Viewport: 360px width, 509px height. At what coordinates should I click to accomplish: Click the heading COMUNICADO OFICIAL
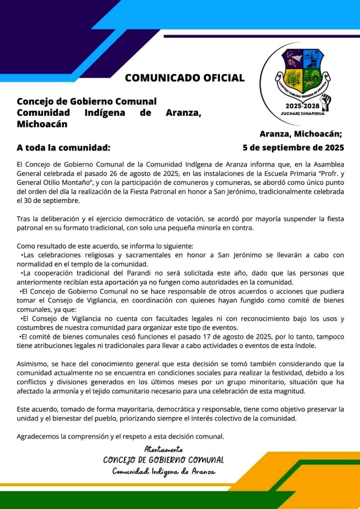[x=184, y=78]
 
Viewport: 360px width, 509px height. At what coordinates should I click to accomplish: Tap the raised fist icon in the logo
[x=326, y=101]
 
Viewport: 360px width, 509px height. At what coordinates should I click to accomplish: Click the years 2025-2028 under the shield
[x=302, y=106]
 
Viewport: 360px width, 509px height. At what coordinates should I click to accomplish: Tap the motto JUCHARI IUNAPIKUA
[x=303, y=114]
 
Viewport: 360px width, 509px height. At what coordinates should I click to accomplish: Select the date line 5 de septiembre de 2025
[x=293, y=148]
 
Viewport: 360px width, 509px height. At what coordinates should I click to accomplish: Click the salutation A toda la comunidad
[x=63, y=148]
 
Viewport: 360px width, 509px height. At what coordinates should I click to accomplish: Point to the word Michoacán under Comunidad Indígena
[x=42, y=124]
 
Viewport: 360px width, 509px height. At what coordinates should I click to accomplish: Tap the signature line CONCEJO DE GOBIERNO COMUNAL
[x=163, y=460]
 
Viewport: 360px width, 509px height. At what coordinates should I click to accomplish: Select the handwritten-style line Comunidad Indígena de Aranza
[x=164, y=471]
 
